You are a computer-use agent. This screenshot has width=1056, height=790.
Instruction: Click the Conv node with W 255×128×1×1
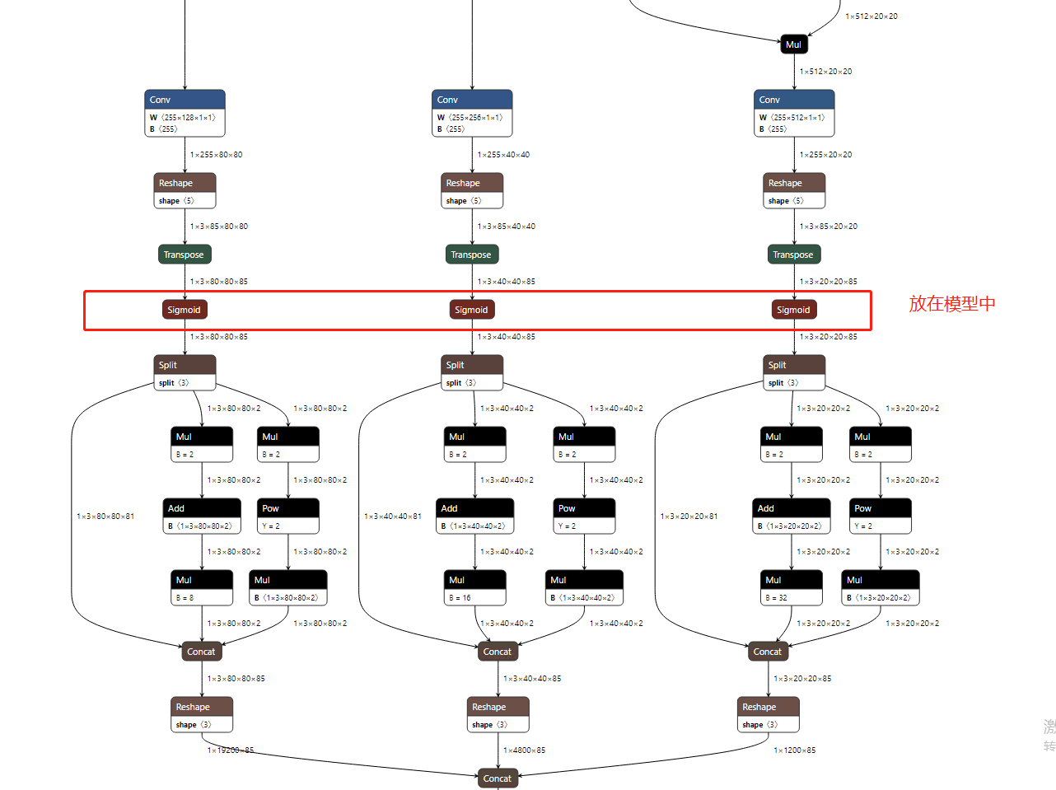[x=185, y=113]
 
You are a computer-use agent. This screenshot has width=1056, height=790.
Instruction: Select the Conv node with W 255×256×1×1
[x=472, y=113]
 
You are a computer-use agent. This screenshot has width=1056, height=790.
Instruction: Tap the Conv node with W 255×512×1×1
[x=794, y=113]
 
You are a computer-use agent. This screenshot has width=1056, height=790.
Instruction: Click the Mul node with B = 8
[x=202, y=587]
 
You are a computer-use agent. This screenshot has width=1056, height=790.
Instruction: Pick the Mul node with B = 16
[x=475, y=587]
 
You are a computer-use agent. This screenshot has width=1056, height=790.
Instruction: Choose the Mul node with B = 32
[x=792, y=587]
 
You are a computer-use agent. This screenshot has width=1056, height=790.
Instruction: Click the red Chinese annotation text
[x=952, y=304]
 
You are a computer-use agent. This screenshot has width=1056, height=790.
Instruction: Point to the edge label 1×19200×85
[x=231, y=750]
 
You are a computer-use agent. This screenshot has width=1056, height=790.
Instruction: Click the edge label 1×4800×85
[x=525, y=750]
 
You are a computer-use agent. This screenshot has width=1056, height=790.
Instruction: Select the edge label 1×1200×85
[x=795, y=750]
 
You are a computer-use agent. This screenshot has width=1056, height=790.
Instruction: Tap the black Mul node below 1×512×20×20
[x=794, y=44]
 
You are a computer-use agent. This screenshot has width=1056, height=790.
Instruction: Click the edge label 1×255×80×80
[x=217, y=155]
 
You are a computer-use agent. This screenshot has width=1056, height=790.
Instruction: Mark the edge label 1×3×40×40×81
[x=393, y=517]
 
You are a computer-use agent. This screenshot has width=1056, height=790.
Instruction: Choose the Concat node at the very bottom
[x=498, y=778]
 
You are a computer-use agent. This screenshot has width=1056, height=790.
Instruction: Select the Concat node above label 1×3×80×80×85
[x=201, y=652]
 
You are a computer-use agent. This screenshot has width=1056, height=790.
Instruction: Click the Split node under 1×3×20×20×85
[x=794, y=373]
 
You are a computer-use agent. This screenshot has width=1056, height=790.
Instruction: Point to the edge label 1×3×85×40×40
[x=507, y=227]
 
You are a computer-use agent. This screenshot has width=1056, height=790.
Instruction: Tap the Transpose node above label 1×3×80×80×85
[x=185, y=255]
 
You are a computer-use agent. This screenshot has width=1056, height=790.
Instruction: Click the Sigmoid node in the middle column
[x=471, y=310]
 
